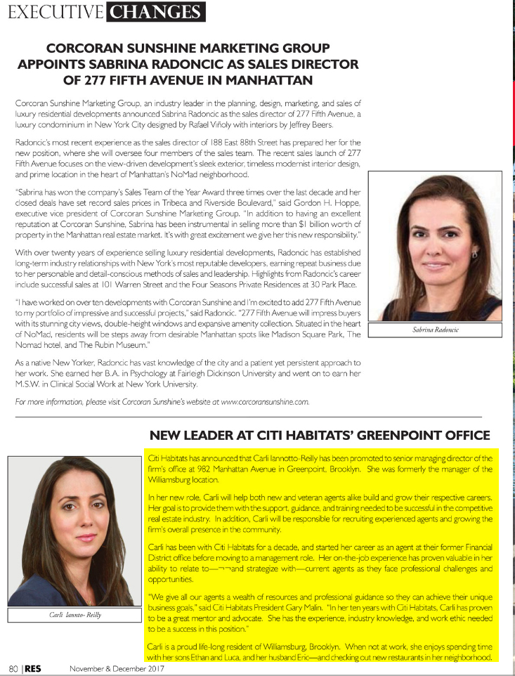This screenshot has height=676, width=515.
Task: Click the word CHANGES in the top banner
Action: (x=156, y=12)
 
